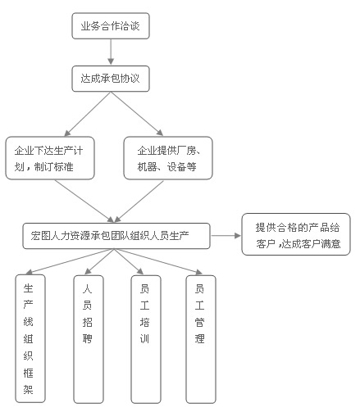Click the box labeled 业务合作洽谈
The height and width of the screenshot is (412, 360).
pos(111,25)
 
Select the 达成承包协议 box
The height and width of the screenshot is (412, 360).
pos(111,79)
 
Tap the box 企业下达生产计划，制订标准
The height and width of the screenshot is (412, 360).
pos(50,158)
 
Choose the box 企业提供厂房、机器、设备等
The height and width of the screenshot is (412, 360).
pos(168,158)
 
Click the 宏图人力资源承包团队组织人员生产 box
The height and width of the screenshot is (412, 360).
pos(116,236)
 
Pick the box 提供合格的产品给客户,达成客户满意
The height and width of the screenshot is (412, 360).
pos(296,234)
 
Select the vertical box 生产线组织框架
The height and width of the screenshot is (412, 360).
pos(30,338)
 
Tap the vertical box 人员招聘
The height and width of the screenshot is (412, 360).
pos(89,339)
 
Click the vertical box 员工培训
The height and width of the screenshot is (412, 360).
pos(146,339)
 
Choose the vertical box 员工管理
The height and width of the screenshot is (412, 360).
pos(201,339)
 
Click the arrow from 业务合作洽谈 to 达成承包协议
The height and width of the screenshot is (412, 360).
pos(111,52)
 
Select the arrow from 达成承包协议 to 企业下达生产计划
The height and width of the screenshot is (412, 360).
pos(88,114)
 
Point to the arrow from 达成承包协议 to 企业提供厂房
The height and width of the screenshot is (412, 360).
pos(137,114)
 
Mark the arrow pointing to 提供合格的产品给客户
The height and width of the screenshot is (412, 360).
pos(226,235)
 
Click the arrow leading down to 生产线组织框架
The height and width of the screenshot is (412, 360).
pos(70,261)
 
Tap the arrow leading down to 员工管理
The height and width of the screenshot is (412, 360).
pos(158,261)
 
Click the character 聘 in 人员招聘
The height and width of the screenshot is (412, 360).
pos(88,339)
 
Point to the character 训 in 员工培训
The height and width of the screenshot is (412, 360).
pos(144,339)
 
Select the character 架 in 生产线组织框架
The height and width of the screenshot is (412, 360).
pos(29,389)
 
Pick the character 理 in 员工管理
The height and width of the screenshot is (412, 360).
pos(199,339)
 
